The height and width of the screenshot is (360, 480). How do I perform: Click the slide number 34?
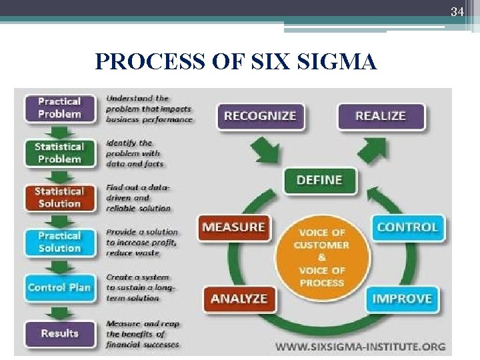tap(457, 12)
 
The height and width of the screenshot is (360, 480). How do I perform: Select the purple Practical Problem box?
tap(59, 108)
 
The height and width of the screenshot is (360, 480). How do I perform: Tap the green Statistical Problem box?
tap(59, 153)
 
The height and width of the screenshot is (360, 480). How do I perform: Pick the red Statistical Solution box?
tap(59, 197)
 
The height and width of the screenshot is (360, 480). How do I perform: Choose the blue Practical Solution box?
tap(59, 242)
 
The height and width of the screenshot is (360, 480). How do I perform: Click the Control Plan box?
tap(59, 287)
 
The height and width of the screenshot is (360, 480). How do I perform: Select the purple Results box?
tap(59, 333)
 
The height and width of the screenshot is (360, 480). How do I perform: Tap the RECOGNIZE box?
tap(260, 116)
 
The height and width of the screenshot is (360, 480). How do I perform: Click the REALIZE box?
tap(381, 116)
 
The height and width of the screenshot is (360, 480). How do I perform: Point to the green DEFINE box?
tap(319, 180)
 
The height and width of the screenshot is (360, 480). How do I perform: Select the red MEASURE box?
tap(233, 227)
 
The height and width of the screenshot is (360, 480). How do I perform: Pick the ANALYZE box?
tap(238, 299)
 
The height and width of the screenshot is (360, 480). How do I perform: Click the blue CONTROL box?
tap(407, 227)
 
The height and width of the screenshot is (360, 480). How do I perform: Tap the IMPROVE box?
tap(402, 299)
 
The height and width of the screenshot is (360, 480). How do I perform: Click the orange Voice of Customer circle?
tap(322, 257)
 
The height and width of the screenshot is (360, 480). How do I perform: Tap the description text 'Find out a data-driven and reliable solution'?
tap(138, 198)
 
